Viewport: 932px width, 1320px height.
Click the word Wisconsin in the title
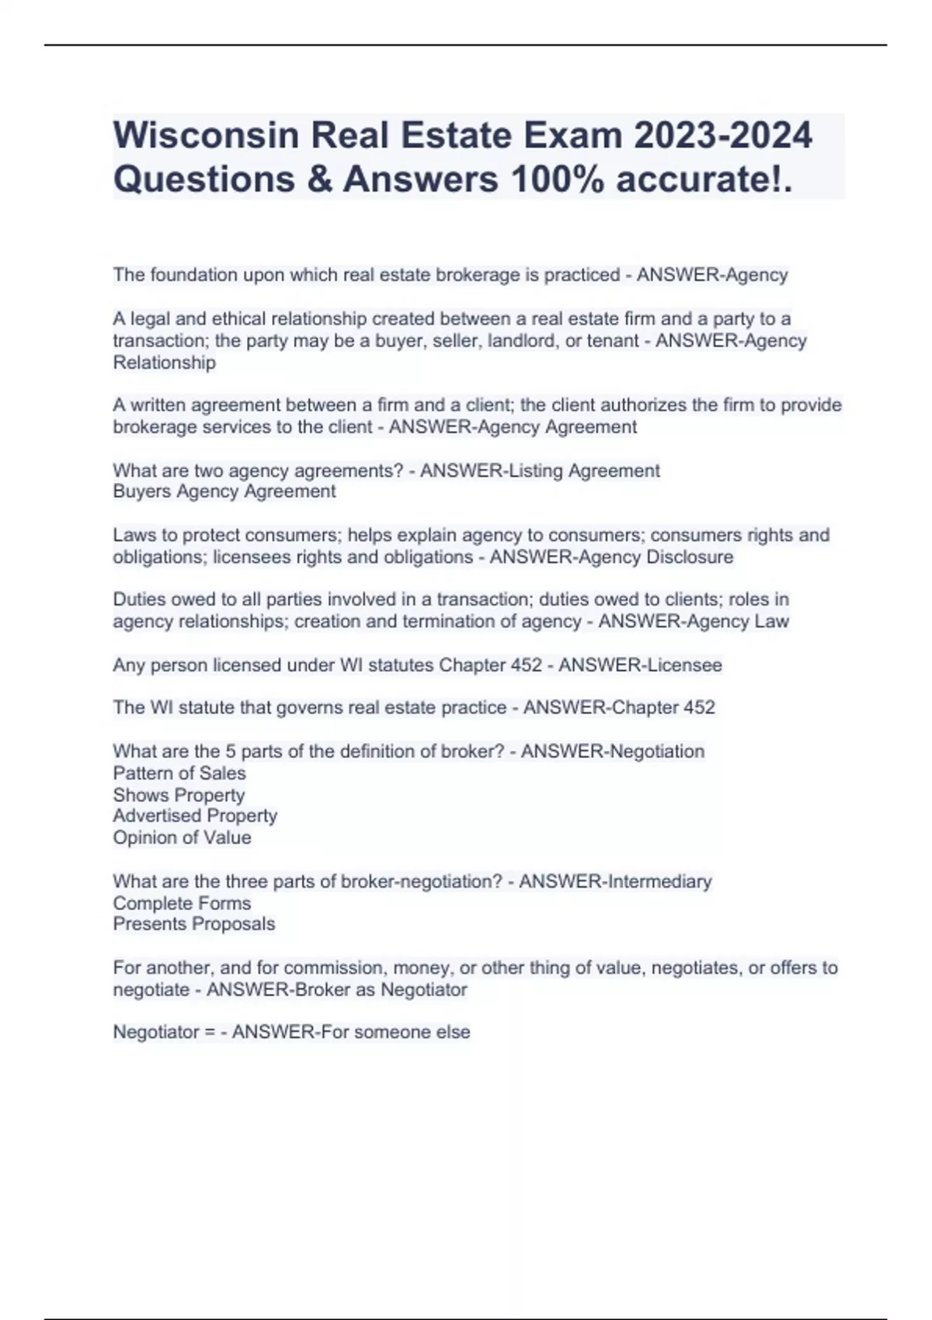tap(206, 135)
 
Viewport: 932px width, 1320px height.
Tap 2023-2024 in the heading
tap(723, 135)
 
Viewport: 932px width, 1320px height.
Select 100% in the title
tap(557, 179)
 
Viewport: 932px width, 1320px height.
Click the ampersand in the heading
tap(318, 179)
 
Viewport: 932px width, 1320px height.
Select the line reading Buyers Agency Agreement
tap(224, 492)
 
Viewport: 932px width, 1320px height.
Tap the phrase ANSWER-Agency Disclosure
tap(611, 557)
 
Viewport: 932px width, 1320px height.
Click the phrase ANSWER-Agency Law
tap(693, 621)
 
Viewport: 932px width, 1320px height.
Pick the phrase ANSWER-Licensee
tap(640, 665)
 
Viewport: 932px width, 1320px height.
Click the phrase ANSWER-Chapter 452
tap(618, 707)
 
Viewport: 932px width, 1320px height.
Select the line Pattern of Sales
tap(179, 773)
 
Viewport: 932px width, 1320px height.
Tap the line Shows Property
tap(178, 794)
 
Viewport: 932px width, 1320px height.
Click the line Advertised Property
tap(194, 815)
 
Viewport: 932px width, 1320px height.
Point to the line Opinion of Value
tap(182, 837)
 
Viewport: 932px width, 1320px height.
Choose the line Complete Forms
tap(182, 903)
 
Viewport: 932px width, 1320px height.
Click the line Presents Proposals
tap(193, 924)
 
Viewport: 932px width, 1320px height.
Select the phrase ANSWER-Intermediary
tap(615, 881)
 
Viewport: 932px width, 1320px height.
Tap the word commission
tap(336, 967)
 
